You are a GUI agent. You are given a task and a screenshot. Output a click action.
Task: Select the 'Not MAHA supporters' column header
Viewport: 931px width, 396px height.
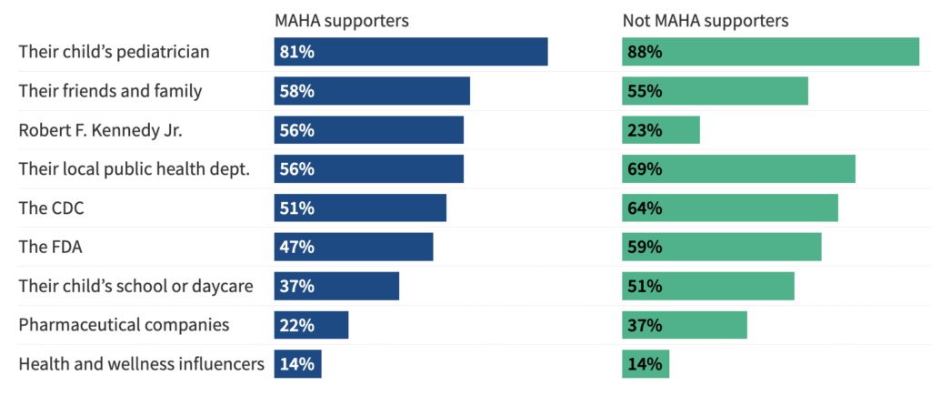(x=705, y=19)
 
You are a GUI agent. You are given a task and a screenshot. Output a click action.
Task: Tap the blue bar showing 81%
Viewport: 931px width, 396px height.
(x=411, y=52)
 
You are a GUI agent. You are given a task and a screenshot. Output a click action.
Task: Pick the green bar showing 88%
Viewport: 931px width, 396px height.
(x=770, y=52)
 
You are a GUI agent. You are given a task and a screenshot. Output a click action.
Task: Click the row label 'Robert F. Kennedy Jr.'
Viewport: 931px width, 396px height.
(x=101, y=130)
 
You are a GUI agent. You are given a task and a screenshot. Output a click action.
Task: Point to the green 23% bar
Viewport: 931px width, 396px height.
(x=661, y=130)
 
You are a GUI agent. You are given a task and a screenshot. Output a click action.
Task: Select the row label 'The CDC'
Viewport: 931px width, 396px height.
(x=52, y=208)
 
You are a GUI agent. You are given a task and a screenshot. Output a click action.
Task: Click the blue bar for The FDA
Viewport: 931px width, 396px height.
(x=354, y=247)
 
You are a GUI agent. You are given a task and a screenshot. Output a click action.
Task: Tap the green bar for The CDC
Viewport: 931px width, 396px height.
(x=730, y=208)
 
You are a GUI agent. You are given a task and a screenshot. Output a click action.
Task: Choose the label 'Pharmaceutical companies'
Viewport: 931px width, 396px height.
(x=112, y=325)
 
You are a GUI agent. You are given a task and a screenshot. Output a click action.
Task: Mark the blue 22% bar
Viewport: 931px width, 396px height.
(x=311, y=325)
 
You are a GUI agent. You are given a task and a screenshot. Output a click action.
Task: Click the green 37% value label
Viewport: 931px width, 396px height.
(x=645, y=325)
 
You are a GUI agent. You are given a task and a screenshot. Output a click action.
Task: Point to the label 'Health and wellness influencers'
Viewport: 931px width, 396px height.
(x=141, y=364)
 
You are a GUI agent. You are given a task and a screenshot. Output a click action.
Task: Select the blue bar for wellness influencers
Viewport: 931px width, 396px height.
(x=297, y=364)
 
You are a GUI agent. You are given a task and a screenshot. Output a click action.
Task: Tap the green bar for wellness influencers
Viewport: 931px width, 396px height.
(x=646, y=364)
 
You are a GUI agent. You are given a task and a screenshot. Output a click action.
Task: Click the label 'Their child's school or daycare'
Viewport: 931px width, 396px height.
(x=135, y=286)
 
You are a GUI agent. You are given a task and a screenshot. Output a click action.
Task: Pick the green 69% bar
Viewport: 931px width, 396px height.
(x=738, y=169)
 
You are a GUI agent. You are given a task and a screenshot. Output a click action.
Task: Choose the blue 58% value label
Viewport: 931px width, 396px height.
(x=297, y=91)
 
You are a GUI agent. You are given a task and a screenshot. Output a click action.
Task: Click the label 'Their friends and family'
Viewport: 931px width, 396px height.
(x=110, y=91)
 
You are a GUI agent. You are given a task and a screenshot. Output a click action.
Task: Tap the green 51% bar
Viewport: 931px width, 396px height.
(x=708, y=286)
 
